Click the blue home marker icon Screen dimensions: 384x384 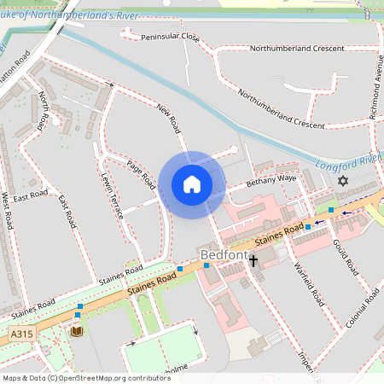click(x=192, y=184)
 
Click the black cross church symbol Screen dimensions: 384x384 click(x=253, y=259)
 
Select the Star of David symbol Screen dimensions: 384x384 click(x=344, y=182)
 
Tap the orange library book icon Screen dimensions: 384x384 click(x=77, y=331)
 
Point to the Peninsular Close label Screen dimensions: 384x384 click(x=170, y=38)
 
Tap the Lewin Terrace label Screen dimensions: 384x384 click(x=113, y=195)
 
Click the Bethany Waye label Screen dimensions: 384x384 click(x=271, y=180)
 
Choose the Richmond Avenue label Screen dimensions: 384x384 click(x=373, y=86)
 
